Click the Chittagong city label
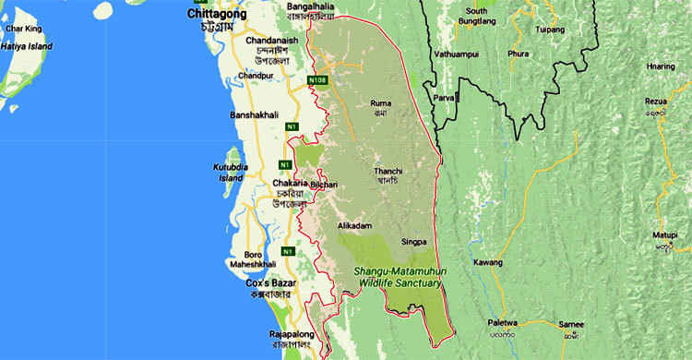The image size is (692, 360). [x=218, y=15]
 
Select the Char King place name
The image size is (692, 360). [x=23, y=29]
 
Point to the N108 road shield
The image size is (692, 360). [x=318, y=81]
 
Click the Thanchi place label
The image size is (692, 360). [x=388, y=171]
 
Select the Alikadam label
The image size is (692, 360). [x=355, y=225]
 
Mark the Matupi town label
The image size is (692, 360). [x=665, y=235]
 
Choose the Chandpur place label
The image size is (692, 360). [x=255, y=75]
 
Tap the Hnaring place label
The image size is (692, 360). [x=661, y=66]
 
